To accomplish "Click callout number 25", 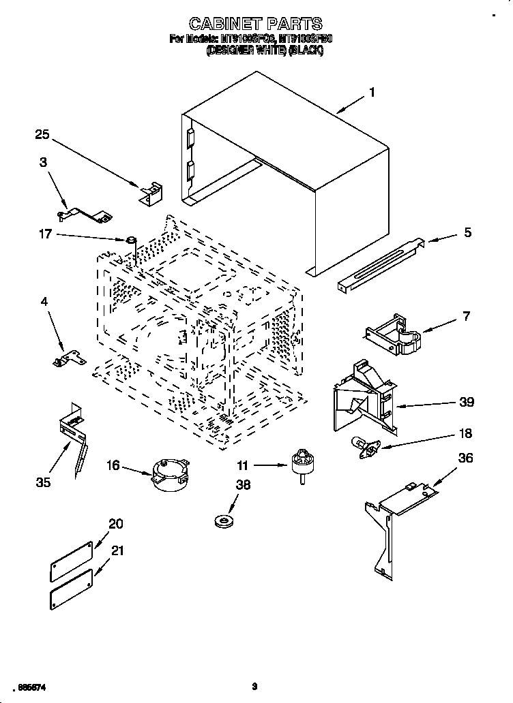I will (x=43, y=135).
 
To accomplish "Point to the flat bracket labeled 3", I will (x=85, y=215).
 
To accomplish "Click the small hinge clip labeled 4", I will (x=68, y=358).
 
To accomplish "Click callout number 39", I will (x=467, y=402).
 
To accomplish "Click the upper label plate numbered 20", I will (x=71, y=558).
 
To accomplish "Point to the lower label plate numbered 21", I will (x=71, y=589).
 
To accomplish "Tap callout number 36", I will (x=465, y=458).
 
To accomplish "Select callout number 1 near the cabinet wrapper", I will (x=372, y=93).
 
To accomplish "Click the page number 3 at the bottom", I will (x=254, y=687).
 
